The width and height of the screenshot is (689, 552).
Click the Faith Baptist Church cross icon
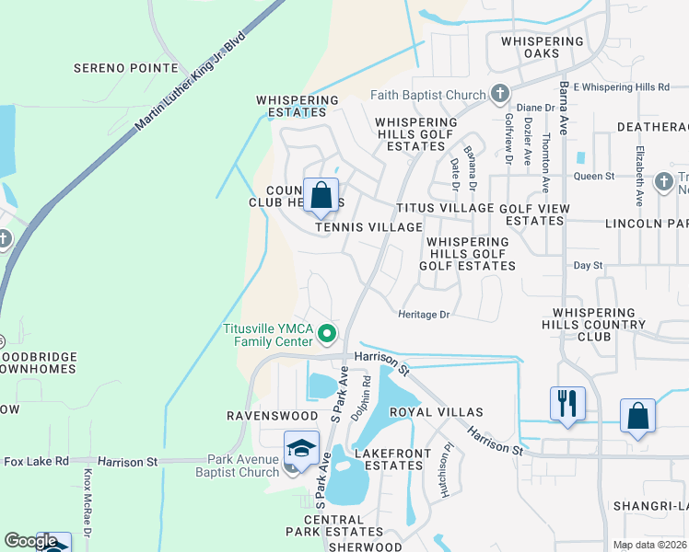point(500,94)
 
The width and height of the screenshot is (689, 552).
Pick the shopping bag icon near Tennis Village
point(321,196)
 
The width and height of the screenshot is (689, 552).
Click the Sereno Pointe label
point(126,68)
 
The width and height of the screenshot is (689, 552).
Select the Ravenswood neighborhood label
point(265,416)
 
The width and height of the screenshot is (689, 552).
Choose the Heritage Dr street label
point(424,315)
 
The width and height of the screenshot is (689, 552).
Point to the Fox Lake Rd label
point(36,461)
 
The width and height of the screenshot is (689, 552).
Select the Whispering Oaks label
point(542,47)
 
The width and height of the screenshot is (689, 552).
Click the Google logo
point(30,541)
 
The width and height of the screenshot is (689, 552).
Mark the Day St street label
point(587,265)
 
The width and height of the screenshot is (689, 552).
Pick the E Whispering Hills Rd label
point(620,86)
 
